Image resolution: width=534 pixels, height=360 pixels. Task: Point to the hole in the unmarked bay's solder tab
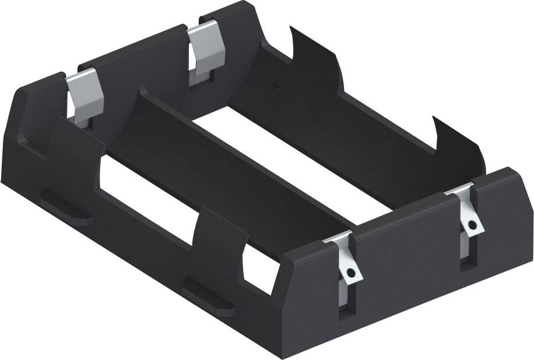point(350,272)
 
